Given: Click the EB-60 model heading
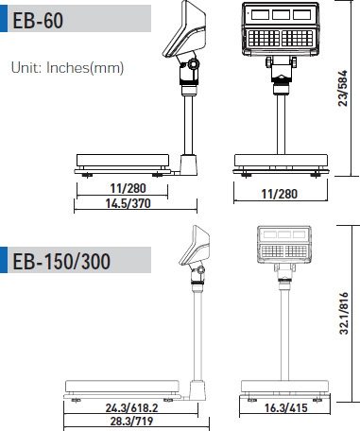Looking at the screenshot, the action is pyautogui.click(x=38, y=20).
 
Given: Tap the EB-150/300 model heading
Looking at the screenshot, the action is pyautogui.click(x=61, y=261).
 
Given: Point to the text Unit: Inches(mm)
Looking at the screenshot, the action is pyautogui.click(x=67, y=68).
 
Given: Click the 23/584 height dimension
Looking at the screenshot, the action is pyautogui.click(x=342, y=88).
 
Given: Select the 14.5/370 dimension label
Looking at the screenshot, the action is pyautogui.click(x=129, y=203).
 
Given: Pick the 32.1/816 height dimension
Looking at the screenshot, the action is pyautogui.click(x=344, y=313).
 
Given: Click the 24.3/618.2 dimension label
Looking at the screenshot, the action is pyautogui.click(x=131, y=408).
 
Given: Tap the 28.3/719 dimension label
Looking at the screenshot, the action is pyautogui.click(x=131, y=421).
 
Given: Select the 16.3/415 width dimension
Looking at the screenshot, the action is pyautogui.click(x=285, y=408).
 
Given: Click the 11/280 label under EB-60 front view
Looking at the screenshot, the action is pyautogui.click(x=280, y=194).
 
